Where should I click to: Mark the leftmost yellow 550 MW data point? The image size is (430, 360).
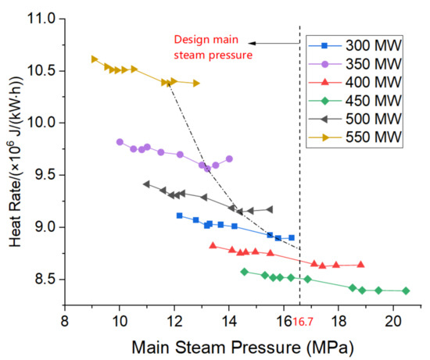click(94, 59)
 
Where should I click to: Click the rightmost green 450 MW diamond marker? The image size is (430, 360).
click(406, 290)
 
